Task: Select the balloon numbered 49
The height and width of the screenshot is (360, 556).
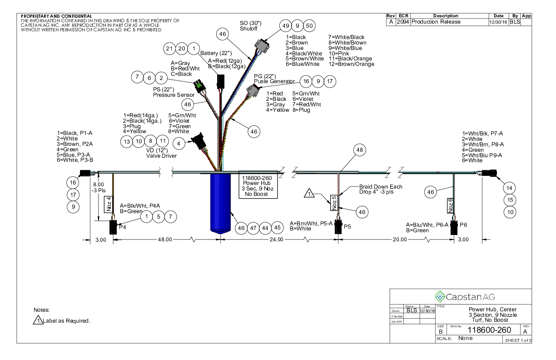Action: [286, 26]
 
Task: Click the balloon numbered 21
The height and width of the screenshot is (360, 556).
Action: [169, 49]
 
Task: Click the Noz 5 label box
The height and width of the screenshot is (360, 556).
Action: [333, 203]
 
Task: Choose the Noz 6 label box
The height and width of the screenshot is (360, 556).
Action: [451, 205]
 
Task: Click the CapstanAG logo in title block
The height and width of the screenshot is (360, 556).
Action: [460, 297]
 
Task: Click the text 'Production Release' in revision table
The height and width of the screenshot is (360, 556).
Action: [436, 22]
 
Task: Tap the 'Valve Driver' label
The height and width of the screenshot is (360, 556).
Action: [161, 156]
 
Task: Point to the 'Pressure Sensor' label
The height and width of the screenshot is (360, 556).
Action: [173, 95]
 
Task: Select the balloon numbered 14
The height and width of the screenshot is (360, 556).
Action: [510, 188]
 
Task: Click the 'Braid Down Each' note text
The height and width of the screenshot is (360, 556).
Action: [381, 187]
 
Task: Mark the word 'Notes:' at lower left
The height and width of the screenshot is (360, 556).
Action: [42, 310]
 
